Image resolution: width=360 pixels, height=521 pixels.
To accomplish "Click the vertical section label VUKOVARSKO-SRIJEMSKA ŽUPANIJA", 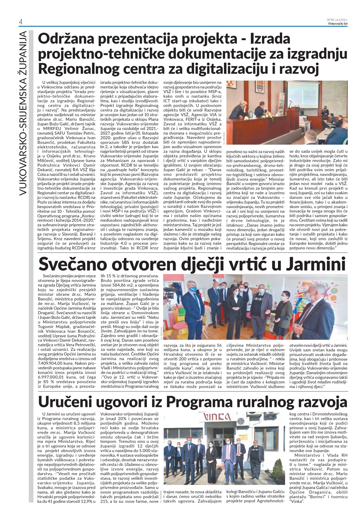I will pos(22,113).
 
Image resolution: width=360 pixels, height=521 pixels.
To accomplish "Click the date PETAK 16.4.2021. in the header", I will pos(337,20).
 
